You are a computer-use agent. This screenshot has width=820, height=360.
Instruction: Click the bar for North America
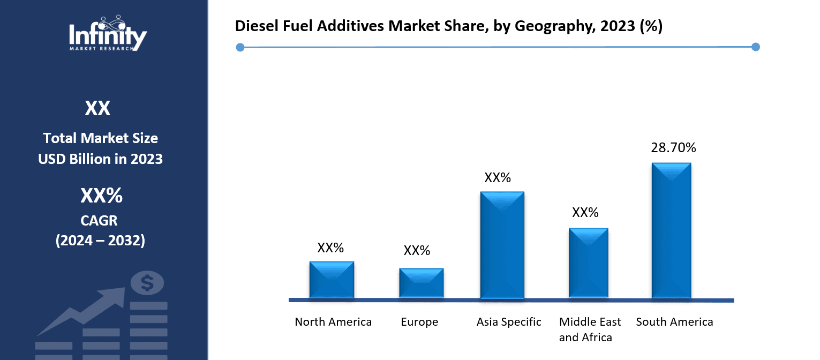click(332, 280)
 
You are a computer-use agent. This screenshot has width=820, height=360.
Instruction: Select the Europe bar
click(421, 283)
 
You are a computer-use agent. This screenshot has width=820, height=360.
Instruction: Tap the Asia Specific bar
click(502, 245)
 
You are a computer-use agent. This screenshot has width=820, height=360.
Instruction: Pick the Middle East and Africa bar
click(588, 263)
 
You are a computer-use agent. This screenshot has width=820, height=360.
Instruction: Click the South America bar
click(671, 230)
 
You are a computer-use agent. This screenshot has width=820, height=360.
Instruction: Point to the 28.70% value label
click(673, 148)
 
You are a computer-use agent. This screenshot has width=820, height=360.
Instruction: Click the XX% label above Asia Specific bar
click(498, 178)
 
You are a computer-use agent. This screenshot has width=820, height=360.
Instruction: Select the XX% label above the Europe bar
click(417, 251)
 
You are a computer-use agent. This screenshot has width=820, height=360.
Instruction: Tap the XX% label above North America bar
click(330, 248)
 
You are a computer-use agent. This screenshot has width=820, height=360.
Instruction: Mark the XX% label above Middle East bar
click(585, 213)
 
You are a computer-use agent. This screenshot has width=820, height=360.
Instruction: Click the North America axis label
click(333, 322)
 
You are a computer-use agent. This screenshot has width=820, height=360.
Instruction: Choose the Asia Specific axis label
click(509, 322)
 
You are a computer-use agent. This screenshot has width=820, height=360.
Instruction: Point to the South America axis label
click(674, 322)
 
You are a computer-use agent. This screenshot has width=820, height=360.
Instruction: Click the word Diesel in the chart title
click(254, 26)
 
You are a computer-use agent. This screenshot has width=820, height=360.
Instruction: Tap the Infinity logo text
click(108, 36)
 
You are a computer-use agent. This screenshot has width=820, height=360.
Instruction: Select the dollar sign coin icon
click(147, 283)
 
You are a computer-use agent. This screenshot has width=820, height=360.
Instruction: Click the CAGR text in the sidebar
click(100, 220)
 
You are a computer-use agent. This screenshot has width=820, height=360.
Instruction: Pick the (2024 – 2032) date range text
click(100, 241)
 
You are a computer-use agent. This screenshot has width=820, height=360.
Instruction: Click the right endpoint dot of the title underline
click(755, 47)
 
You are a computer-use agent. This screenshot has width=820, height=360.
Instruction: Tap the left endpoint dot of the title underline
click(240, 48)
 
